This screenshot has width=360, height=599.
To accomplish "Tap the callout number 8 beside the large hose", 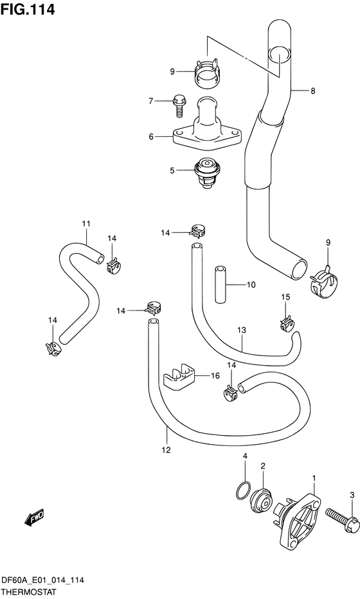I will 312,91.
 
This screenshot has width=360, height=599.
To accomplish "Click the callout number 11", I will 85,224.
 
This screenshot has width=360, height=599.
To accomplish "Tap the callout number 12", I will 166,450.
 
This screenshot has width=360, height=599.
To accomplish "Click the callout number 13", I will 241,330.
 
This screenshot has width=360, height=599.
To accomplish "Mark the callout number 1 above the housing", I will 314,478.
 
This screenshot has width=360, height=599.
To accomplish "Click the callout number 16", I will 215,376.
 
